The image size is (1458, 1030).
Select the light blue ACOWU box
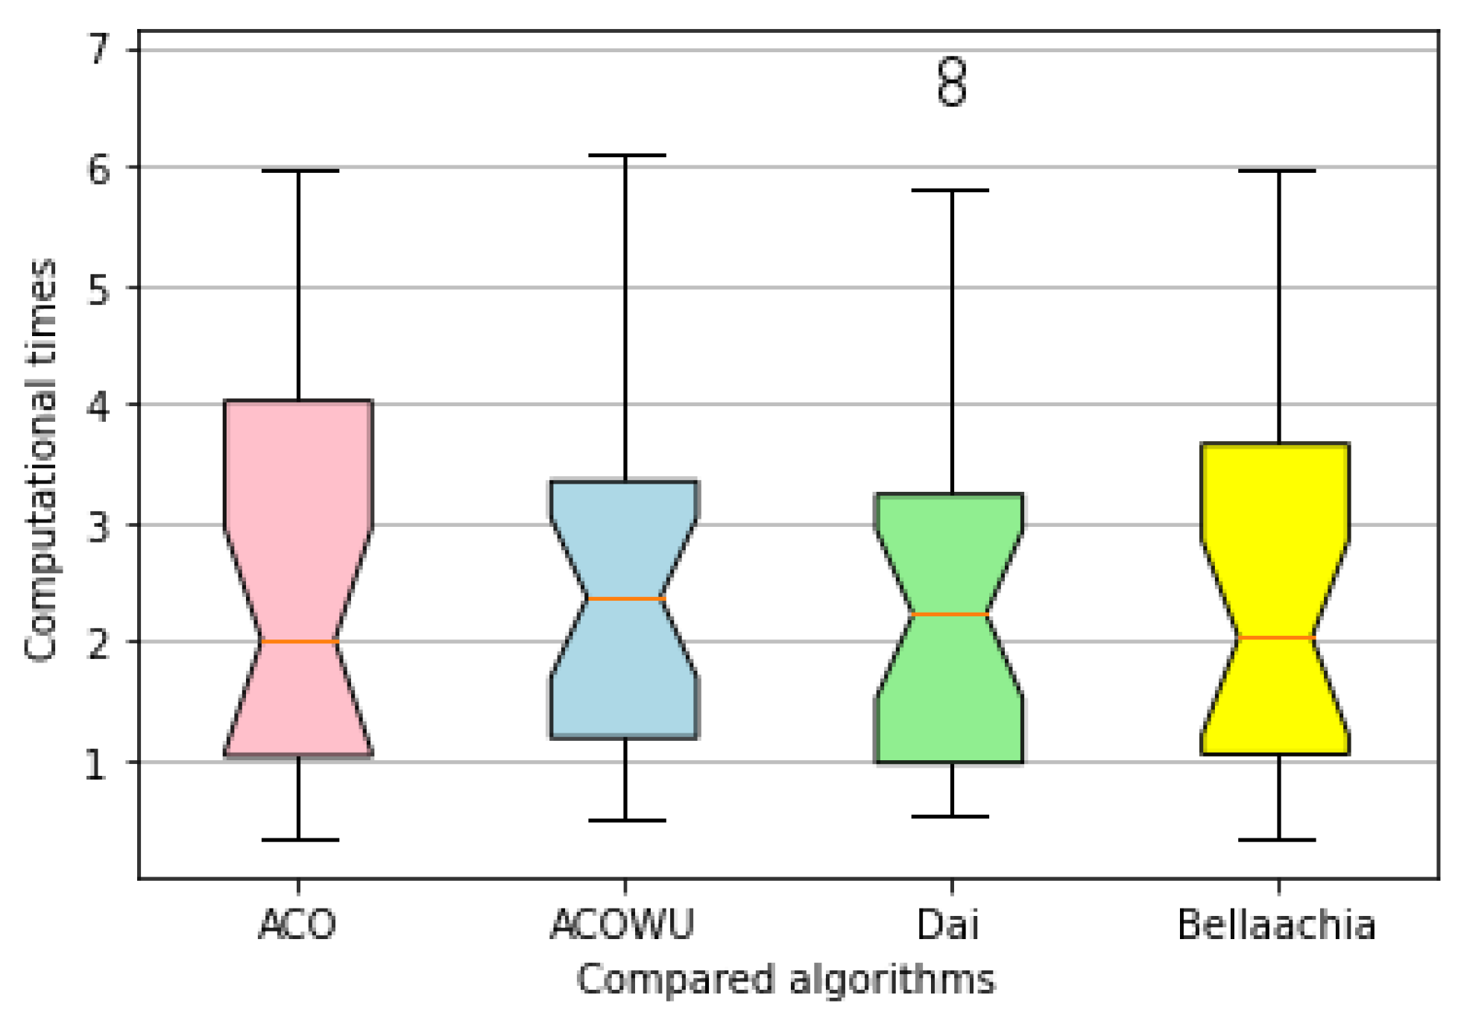coord(625,537)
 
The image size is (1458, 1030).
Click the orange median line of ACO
coord(298,641)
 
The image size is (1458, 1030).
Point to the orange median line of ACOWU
coord(625,598)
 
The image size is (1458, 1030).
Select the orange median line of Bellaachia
coord(1276,637)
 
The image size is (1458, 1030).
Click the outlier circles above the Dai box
coord(952,82)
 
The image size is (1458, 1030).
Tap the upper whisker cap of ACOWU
coord(625,155)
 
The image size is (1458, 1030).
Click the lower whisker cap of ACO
coord(298,840)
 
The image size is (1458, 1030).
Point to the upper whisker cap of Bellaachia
coord(1278,171)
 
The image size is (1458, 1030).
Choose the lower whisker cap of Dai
coord(950,816)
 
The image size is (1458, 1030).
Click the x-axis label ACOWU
coord(622,925)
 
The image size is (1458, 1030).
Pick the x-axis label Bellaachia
coord(1276,925)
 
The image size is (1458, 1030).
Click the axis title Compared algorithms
coord(786,979)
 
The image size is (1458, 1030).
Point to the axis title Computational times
coord(41,459)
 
